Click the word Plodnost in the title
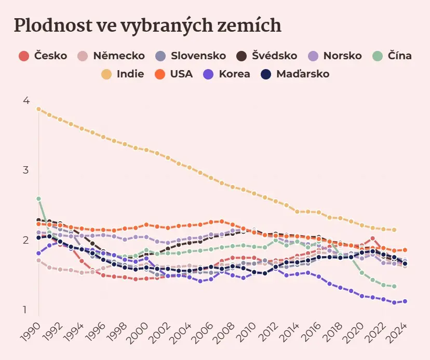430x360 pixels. click(53, 25)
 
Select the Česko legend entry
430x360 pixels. click(43, 56)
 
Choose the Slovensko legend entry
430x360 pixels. click(191, 56)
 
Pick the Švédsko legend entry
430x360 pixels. click(267, 56)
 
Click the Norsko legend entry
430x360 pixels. click(335, 56)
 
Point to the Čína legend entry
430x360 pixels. click(392, 56)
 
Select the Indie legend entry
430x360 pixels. click(123, 74)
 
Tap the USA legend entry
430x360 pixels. click(173, 74)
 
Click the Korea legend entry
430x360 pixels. click(226, 74)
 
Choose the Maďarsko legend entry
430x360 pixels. click(295, 74)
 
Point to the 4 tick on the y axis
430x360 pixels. click(26, 101)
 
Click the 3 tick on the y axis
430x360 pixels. click(25, 170)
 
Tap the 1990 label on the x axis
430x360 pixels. click(30, 332)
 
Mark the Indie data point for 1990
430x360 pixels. click(38, 109)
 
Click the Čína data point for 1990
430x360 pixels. click(38, 198)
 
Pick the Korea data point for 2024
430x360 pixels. click(405, 301)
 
